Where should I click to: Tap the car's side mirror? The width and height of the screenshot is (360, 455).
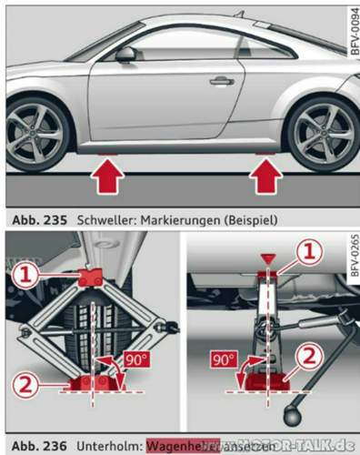125,55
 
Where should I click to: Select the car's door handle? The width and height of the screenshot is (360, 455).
221,81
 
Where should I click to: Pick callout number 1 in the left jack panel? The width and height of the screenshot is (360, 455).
28,271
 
